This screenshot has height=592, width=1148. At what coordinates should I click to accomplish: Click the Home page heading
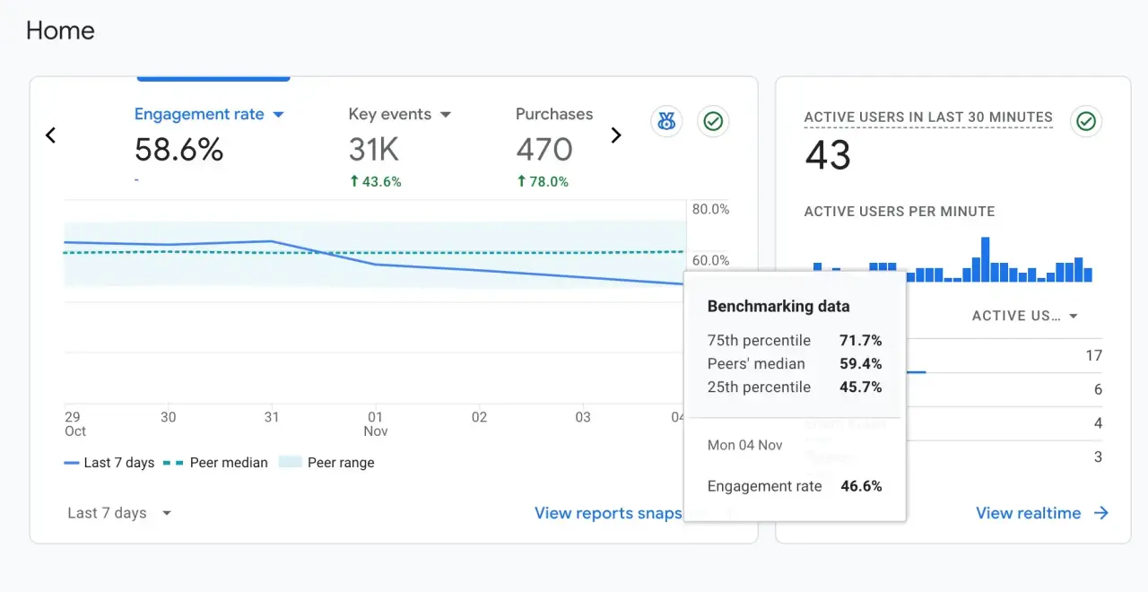60,30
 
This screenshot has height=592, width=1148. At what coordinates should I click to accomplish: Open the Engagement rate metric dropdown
278,115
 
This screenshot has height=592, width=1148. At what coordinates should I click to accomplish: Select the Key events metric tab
399,115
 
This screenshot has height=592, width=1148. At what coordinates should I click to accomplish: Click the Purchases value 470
544,149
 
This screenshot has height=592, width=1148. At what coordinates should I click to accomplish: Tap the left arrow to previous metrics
51,135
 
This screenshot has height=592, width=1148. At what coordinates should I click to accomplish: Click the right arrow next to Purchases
616,135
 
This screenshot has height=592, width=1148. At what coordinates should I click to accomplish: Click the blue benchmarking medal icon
666,121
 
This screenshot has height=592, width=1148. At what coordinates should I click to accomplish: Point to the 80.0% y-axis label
710,210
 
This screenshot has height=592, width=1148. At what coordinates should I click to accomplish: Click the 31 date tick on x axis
272,417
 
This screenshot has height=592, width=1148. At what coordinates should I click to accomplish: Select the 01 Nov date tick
375,423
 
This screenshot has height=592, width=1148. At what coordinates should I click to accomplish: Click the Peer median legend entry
216,463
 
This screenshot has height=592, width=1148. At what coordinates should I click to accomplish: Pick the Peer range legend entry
327,463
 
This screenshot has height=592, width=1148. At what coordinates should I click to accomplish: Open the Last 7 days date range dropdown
119,513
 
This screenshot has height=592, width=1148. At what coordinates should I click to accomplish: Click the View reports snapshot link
608,513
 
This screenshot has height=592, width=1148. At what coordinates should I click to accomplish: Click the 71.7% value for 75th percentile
860,341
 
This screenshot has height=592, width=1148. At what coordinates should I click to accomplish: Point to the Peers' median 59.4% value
860,364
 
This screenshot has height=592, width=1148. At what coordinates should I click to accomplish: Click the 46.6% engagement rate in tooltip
861,486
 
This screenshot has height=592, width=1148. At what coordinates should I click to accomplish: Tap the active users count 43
827,156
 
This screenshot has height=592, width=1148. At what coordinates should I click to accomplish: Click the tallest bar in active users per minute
985,259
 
